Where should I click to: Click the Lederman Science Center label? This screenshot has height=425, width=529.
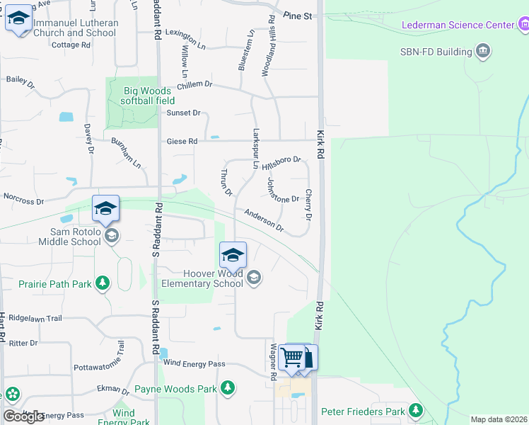coord(458,25)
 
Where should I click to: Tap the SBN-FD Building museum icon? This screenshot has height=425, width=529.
coord(484,52)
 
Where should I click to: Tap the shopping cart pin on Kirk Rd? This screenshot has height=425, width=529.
coord(292,358)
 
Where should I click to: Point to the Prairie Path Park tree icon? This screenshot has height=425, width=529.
coord(103,283)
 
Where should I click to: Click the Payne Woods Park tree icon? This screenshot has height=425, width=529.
coord(227,388)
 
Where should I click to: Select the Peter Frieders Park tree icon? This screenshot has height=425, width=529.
coord(416,410)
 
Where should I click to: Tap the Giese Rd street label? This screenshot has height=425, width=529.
coord(182,141)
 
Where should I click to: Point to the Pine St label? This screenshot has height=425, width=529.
coord(297,15)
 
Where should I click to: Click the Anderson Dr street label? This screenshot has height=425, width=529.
coord(264,220)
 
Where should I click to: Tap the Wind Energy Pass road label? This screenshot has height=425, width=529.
coord(194,363)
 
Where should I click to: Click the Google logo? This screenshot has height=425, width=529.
coord(23,416)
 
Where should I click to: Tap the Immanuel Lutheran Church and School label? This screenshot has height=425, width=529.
coord(76,28)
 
